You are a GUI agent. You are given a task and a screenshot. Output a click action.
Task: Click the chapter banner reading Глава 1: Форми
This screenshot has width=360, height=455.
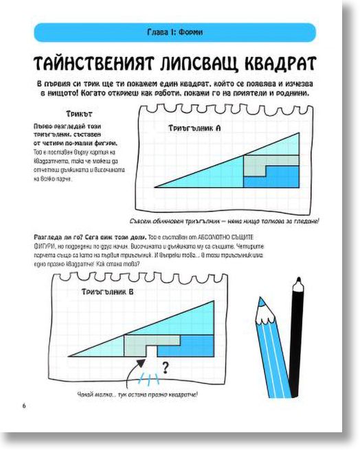coord(175,32)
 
